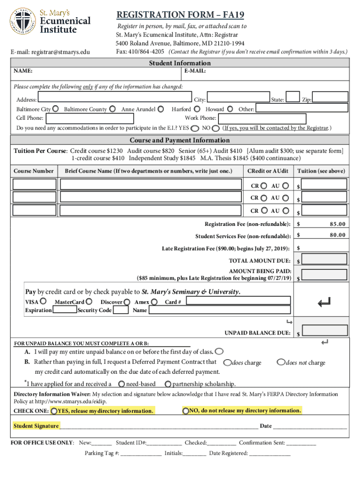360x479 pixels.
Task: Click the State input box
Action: [x=293, y=97]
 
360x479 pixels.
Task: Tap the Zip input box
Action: [x=331, y=97]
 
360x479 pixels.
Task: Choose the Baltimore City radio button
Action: [x=56, y=109]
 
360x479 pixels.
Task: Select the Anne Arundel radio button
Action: [x=161, y=109]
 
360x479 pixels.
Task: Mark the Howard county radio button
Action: [x=230, y=109]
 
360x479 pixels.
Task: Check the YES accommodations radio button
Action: [x=194, y=128]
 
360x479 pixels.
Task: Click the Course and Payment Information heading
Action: [x=180, y=140]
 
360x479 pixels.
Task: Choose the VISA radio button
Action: [x=43, y=302]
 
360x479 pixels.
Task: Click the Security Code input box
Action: [x=121, y=310]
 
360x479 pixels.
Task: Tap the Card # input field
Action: [x=237, y=302]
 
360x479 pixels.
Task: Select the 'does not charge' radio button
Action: [x=281, y=362]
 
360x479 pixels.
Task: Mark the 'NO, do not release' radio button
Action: [x=186, y=411]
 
